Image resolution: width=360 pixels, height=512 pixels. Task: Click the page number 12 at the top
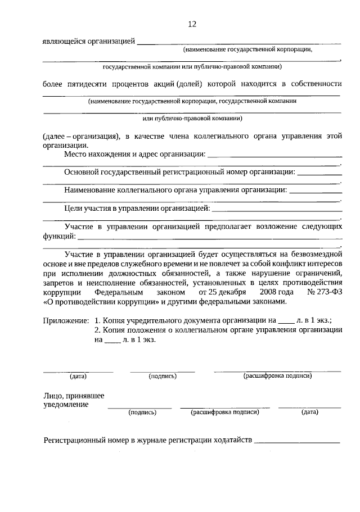point(192,24)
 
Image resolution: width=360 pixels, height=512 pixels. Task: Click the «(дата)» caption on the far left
point(78,376)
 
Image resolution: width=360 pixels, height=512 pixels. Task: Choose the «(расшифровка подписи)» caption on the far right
point(277,375)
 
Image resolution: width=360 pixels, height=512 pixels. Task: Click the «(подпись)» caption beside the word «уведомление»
point(142,412)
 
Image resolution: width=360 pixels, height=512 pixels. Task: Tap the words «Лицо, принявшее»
point(74,395)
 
